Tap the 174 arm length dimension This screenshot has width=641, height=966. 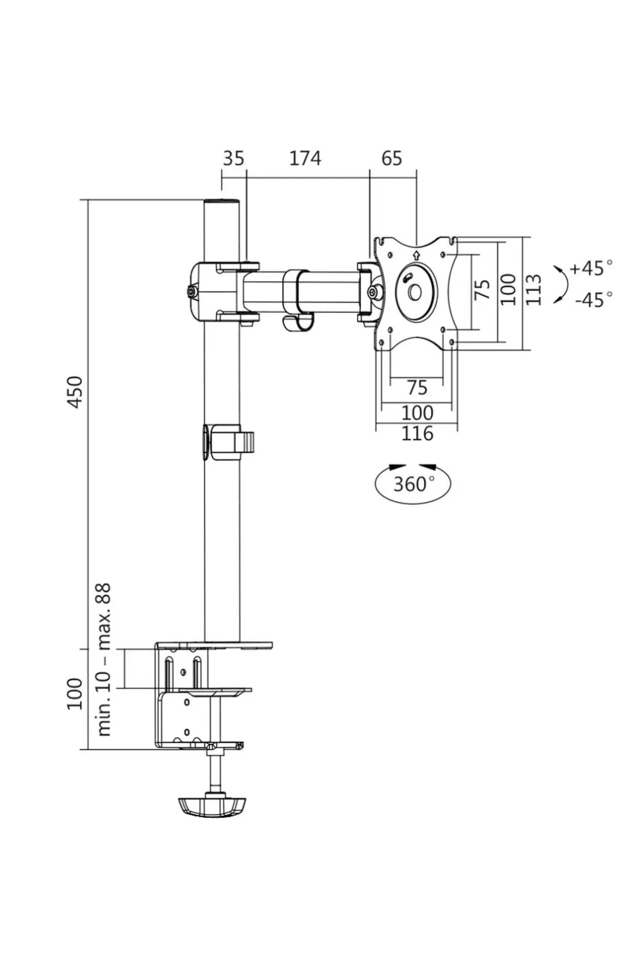(x=304, y=158)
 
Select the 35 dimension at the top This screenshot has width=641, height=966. (x=233, y=158)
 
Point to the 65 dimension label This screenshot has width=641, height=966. (x=392, y=158)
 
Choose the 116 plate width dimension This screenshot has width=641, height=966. (x=417, y=433)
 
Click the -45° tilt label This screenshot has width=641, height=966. (x=593, y=299)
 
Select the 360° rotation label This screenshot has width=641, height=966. (x=413, y=483)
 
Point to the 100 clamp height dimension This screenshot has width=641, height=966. (x=75, y=693)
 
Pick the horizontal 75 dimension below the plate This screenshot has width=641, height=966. (x=417, y=387)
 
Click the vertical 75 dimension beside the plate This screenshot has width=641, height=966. (x=483, y=289)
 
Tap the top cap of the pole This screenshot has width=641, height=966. (x=221, y=203)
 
